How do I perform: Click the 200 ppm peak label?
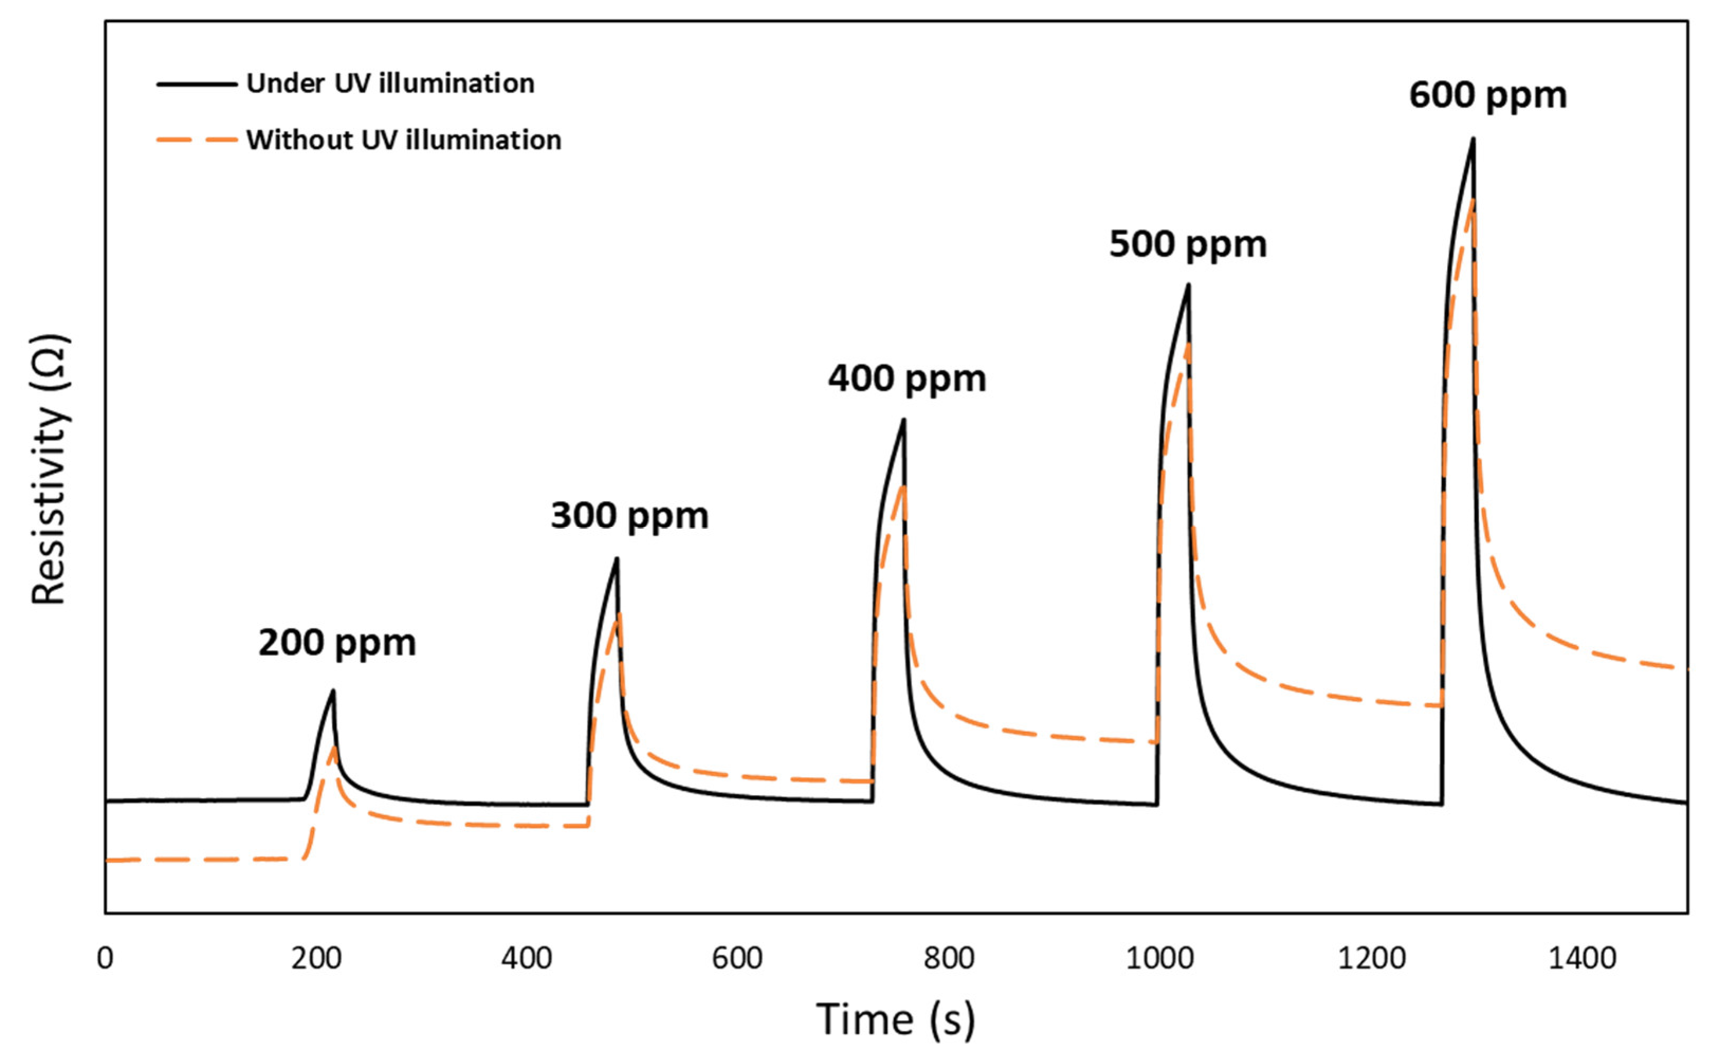pos(337,643)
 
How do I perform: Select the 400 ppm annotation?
pos(907,380)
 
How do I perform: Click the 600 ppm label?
pos(1487,96)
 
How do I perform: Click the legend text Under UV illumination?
pos(390,84)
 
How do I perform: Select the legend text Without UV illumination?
pos(403,141)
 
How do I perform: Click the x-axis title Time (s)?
pos(895,1020)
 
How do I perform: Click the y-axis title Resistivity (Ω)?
pos(50,470)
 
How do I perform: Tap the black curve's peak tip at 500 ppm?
pos(1189,284)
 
